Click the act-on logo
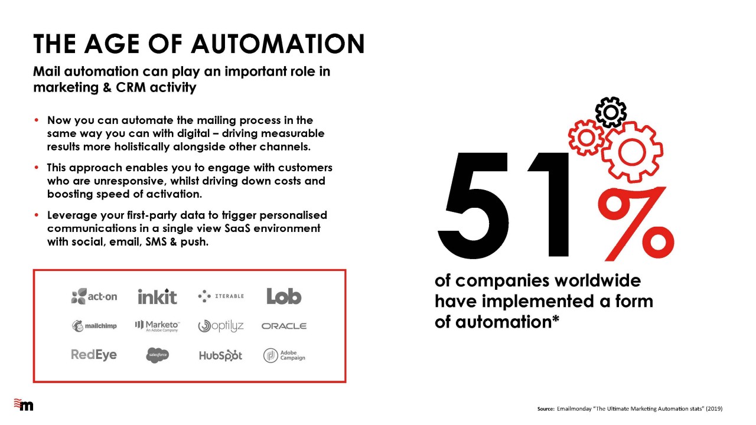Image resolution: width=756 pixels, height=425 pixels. pyautogui.click(x=94, y=296)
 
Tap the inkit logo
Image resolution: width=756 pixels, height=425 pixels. pyautogui.click(x=157, y=296)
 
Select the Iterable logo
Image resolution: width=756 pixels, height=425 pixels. pyautogui.click(x=221, y=296)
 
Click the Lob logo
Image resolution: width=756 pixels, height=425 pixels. pyautogui.click(x=284, y=296)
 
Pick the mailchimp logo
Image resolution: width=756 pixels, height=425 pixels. pyautogui.click(x=94, y=326)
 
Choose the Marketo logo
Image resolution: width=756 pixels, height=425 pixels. pyautogui.click(x=157, y=326)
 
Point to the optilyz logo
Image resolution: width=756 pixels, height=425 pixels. pyautogui.click(x=221, y=326)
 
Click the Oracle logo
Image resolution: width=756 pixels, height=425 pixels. pyautogui.click(x=284, y=326)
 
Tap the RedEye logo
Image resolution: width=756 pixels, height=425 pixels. pyautogui.click(x=94, y=355)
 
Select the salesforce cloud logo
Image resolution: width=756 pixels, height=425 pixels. pyautogui.click(x=157, y=355)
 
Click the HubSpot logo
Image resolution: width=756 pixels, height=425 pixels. pyautogui.click(x=220, y=355)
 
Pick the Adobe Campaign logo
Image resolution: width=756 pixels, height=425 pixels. pyautogui.click(x=284, y=355)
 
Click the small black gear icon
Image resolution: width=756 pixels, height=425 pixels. pyautogui.click(x=611, y=112)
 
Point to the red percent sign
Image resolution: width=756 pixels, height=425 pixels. pyautogui.click(x=636, y=224)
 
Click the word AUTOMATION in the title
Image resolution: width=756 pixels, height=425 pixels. pyautogui.click(x=278, y=44)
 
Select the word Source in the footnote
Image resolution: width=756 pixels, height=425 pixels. pyautogui.click(x=545, y=409)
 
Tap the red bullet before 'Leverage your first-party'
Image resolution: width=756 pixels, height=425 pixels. pyautogui.click(x=37, y=215)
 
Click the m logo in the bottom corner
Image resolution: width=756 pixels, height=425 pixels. pyautogui.click(x=24, y=405)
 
